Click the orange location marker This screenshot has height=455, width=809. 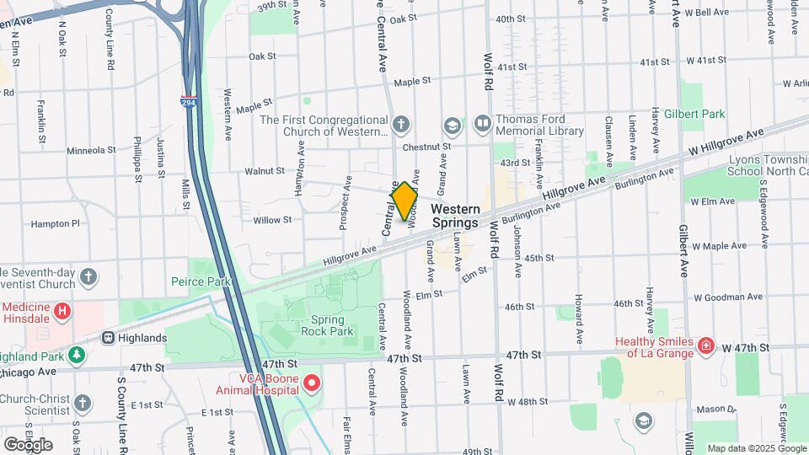[404, 201]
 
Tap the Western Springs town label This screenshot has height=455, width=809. [455, 216]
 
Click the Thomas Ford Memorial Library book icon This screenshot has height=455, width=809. [482, 125]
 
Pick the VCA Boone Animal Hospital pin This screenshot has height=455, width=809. [312, 383]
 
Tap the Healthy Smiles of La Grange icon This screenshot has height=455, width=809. [705, 346]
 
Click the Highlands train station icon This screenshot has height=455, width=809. [109, 338]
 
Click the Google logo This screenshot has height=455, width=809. [28, 444]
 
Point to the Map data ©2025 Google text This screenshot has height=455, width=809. [756, 448]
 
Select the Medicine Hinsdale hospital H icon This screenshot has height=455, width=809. [62, 312]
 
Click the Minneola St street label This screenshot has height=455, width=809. [91, 150]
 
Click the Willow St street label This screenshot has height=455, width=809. [272, 220]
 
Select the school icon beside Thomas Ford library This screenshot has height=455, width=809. [453, 126]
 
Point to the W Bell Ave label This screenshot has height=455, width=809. [707, 12]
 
